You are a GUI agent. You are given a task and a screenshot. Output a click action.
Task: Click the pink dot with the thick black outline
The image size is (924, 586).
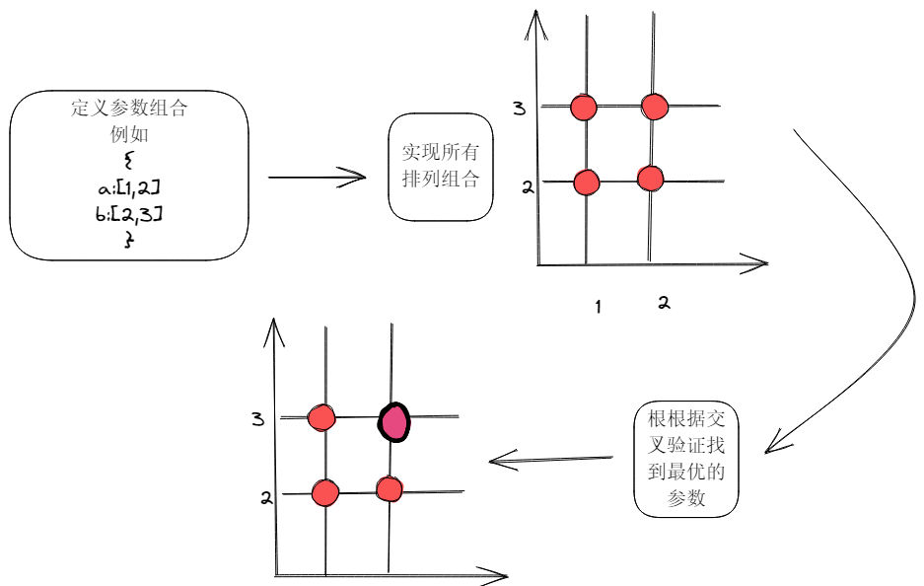394,422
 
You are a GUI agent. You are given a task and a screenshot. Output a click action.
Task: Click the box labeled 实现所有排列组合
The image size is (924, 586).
441,167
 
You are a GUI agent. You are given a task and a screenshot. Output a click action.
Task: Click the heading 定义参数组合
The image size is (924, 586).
128,109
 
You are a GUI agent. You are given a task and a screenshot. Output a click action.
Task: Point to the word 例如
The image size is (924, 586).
128,134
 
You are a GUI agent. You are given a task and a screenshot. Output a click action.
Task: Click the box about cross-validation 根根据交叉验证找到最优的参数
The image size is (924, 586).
686,459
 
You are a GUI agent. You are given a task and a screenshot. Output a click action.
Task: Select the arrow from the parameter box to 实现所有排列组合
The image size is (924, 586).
317,178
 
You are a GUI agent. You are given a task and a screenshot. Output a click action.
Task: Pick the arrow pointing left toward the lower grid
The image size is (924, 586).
550,459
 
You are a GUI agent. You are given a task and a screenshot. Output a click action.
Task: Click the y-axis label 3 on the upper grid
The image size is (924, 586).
520,108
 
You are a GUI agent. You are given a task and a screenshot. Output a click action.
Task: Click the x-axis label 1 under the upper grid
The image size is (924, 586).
598,308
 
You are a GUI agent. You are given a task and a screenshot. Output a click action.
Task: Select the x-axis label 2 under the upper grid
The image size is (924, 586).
664,304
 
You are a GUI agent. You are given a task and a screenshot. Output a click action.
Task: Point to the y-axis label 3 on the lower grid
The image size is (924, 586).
257,420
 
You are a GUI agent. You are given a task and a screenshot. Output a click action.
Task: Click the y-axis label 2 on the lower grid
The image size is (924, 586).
265,497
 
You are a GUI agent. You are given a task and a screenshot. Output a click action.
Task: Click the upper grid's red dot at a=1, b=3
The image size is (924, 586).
584,107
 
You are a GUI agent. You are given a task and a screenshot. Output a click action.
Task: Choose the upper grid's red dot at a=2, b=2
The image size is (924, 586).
650,179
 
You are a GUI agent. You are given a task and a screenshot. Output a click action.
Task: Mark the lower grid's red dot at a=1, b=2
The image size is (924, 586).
324,491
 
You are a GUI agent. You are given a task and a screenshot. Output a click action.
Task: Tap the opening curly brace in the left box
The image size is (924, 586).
128,161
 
